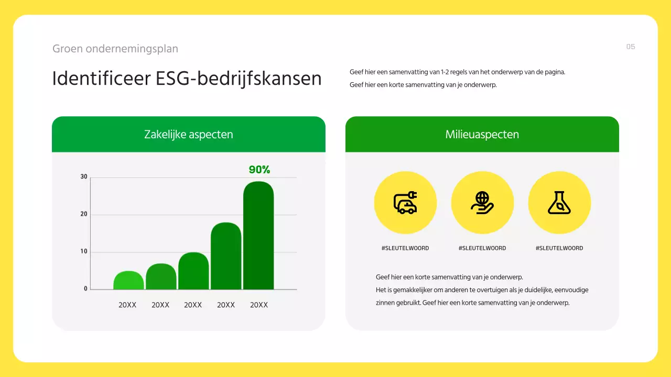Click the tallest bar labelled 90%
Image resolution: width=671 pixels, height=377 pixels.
pyautogui.click(x=258, y=236)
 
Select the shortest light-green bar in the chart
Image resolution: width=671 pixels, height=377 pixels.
pyautogui.click(x=128, y=281)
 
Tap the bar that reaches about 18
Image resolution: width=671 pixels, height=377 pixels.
pyautogui.click(x=226, y=257)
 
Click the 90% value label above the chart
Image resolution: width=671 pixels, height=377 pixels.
pyautogui.click(x=259, y=170)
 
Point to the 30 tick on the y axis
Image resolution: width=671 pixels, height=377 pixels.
pyautogui.click(x=84, y=177)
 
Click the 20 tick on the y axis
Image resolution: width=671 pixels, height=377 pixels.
pyautogui.click(x=84, y=215)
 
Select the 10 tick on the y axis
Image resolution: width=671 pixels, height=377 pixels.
pyautogui.click(x=84, y=252)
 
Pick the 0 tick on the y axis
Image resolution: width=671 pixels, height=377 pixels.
pyautogui.click(x=85, y=289)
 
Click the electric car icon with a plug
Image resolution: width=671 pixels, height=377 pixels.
pyautogui.click(x=405, y=203)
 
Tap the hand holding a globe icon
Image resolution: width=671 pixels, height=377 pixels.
pyautogui.click(x=482, y=203)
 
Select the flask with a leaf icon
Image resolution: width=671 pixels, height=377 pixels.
pyautogui.click(x=559, y=203)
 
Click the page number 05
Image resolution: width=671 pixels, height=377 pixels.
pyautogui.click(x=631, y=47)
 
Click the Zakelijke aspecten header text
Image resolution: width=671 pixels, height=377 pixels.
pyautogui.click(x=188, y=135)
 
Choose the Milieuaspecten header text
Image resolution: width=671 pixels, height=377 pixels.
pyautogui.click(x=482, y=135)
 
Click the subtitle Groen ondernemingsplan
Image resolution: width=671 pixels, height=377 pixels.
pyautogui.click(x=115, y=49)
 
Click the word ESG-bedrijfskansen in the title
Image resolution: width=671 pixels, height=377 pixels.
pyautogui.click(x=239, y=79)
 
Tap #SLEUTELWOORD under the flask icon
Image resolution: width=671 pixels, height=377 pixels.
pyautogui.click(x=559, y=248)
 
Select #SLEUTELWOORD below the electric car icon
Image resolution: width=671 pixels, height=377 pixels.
pyautogui.click(x=405, y=248)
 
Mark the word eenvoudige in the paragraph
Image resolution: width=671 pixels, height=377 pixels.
pyautogui.click(x=570, y=290)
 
